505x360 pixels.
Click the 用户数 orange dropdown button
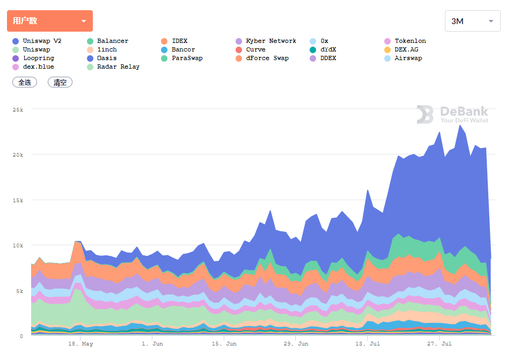point(49,21)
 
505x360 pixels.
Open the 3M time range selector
point(472,21)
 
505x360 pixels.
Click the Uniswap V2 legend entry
point(42,41)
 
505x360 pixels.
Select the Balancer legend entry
point(112,41)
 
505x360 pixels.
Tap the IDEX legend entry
point(179,41)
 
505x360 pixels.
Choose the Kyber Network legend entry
point(270,41)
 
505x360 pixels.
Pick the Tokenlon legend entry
point(410,41)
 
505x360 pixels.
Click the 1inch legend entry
point(107,49)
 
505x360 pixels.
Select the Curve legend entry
point(255,49)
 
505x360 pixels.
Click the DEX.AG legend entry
point(406,49)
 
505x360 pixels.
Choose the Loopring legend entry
point(38,58)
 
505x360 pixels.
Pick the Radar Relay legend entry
point(118,67)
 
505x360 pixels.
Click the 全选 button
point(25,82)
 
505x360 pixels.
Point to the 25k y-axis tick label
point(18,109)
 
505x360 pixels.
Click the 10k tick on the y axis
point(18,246)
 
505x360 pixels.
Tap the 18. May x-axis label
point(80,343)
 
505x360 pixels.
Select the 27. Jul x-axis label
point(439,343)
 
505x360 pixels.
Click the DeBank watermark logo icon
point(425,114)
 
